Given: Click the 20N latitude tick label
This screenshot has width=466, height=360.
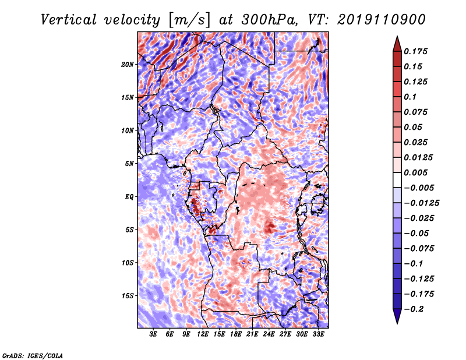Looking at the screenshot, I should (128, 64).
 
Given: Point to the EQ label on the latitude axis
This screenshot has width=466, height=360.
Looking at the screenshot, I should (129, 197).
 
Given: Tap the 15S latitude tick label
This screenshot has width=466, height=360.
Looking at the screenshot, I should (128, 296).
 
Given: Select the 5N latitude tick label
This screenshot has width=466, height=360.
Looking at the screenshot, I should (129, 164).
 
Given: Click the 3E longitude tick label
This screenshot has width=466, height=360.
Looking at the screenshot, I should (154, 334).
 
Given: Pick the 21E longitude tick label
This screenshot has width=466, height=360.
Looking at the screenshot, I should (252, 334).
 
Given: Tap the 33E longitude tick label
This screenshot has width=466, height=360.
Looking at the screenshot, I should (318, 334).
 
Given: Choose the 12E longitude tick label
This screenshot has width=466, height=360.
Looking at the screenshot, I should (203, 334).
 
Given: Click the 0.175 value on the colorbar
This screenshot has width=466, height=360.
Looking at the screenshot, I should (417, 51).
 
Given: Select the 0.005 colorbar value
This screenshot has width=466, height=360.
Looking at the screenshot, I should (417, 172).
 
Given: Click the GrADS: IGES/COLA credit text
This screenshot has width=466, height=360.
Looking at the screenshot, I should (33, 355).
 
